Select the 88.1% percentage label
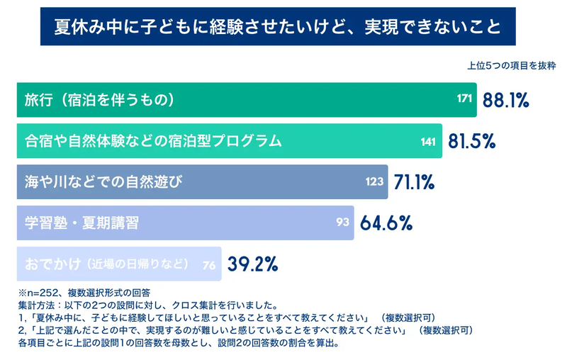click(x=506, y=100)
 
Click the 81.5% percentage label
click(x=471, y=141)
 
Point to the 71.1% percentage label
click(x=414, y=182)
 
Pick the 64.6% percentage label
click(x=386, y=223)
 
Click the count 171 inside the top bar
click(x=465, y=100)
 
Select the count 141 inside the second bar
click(x=428, y=141)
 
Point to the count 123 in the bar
click(x=374, y=182)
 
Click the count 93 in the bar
click(x=343, y=223)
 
